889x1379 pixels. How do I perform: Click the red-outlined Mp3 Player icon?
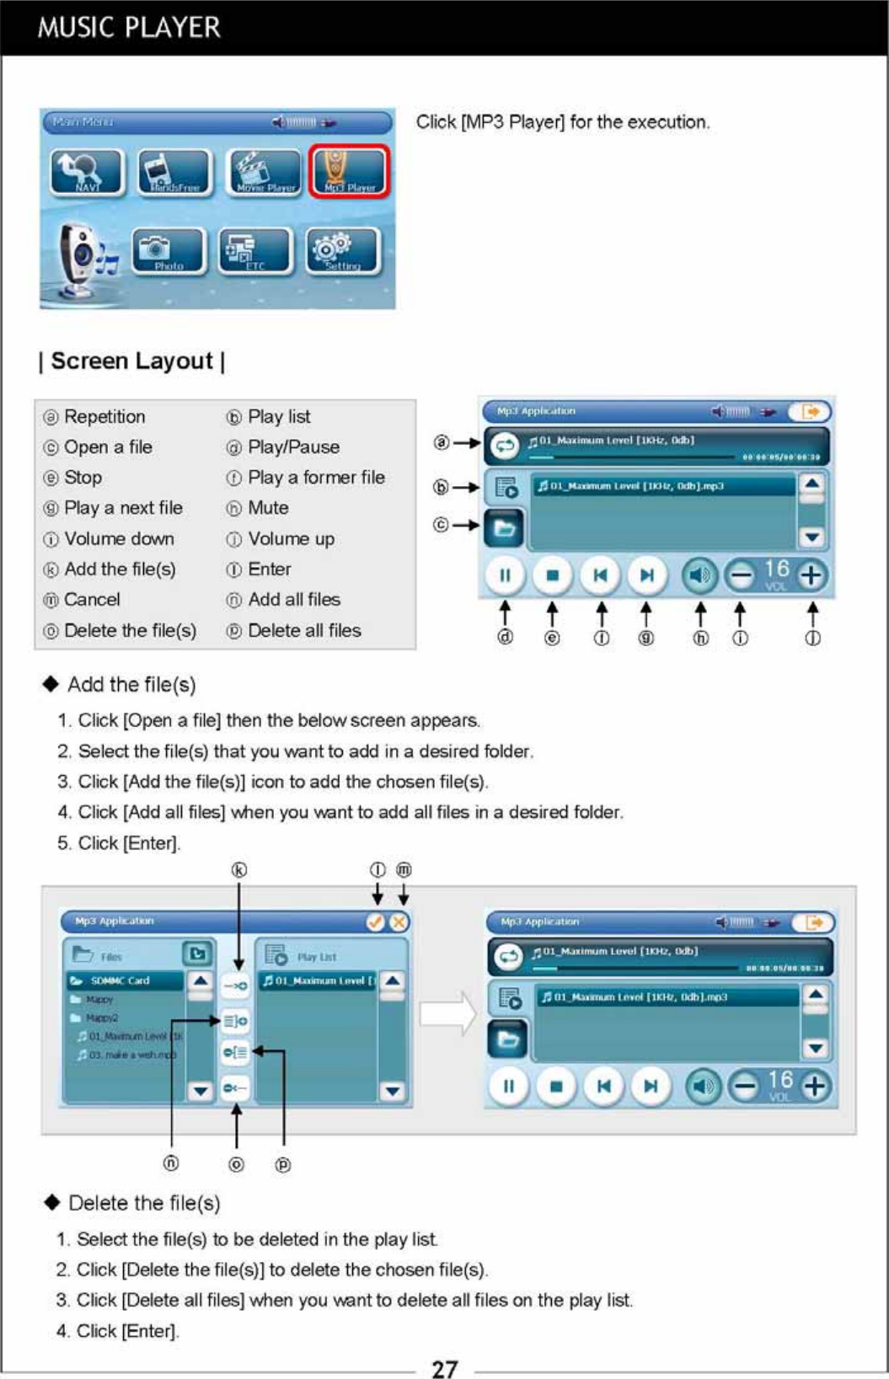349,171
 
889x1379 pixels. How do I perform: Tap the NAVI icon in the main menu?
87,172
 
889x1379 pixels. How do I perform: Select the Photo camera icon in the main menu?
169,251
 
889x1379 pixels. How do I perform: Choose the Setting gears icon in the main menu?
342,251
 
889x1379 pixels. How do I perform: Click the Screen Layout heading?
132,361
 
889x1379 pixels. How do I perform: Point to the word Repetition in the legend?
104,417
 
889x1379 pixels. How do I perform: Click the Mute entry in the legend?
268,508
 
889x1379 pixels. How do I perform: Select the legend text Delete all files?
304,630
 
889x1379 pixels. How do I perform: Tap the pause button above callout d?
505,575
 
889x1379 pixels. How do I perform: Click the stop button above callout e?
553,575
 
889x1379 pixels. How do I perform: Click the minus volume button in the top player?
740,576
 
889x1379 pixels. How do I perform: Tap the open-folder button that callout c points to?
504,529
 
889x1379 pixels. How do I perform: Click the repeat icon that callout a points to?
505,445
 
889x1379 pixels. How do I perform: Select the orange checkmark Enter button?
376,922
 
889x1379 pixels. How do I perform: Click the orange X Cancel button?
399,922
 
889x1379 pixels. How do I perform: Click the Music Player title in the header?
129,28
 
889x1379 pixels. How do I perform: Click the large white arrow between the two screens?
447,1013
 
